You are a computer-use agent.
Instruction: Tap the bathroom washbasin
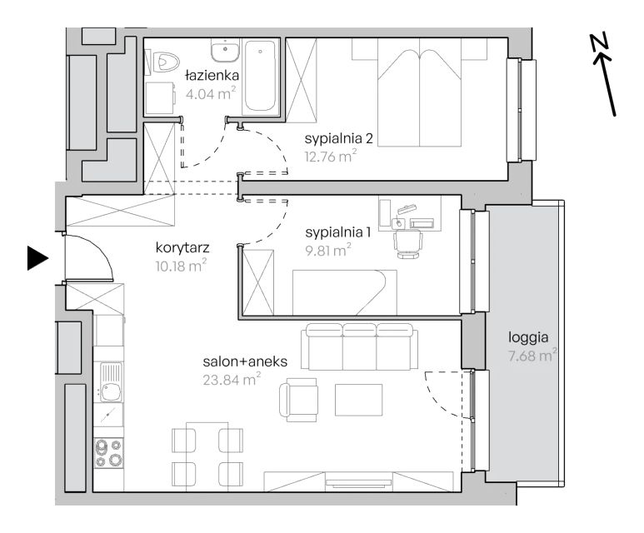click(225, 51)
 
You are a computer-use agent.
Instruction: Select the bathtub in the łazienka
click(260, 76)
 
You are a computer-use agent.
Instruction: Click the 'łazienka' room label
click(212, 76)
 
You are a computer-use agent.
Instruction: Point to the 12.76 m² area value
click(331, 157)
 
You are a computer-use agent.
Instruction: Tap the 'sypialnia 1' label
click(338, 233)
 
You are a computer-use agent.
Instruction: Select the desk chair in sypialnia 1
click(407, 242)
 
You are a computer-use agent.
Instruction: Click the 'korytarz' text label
click(182, 247)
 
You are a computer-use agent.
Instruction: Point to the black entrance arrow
click(37, 258)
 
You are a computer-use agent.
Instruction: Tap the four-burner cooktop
click(108, 452)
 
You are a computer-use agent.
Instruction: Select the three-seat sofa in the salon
click(357, 346)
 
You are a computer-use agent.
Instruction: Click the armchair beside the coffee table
click(298, 400)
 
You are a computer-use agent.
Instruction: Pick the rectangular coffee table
click(358, 400)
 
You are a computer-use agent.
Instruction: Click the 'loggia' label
click(528, 337)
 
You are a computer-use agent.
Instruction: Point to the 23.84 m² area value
click(232, 380)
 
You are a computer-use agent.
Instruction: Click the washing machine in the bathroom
click(160, 98)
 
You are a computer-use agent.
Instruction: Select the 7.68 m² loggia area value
click(532, 356)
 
